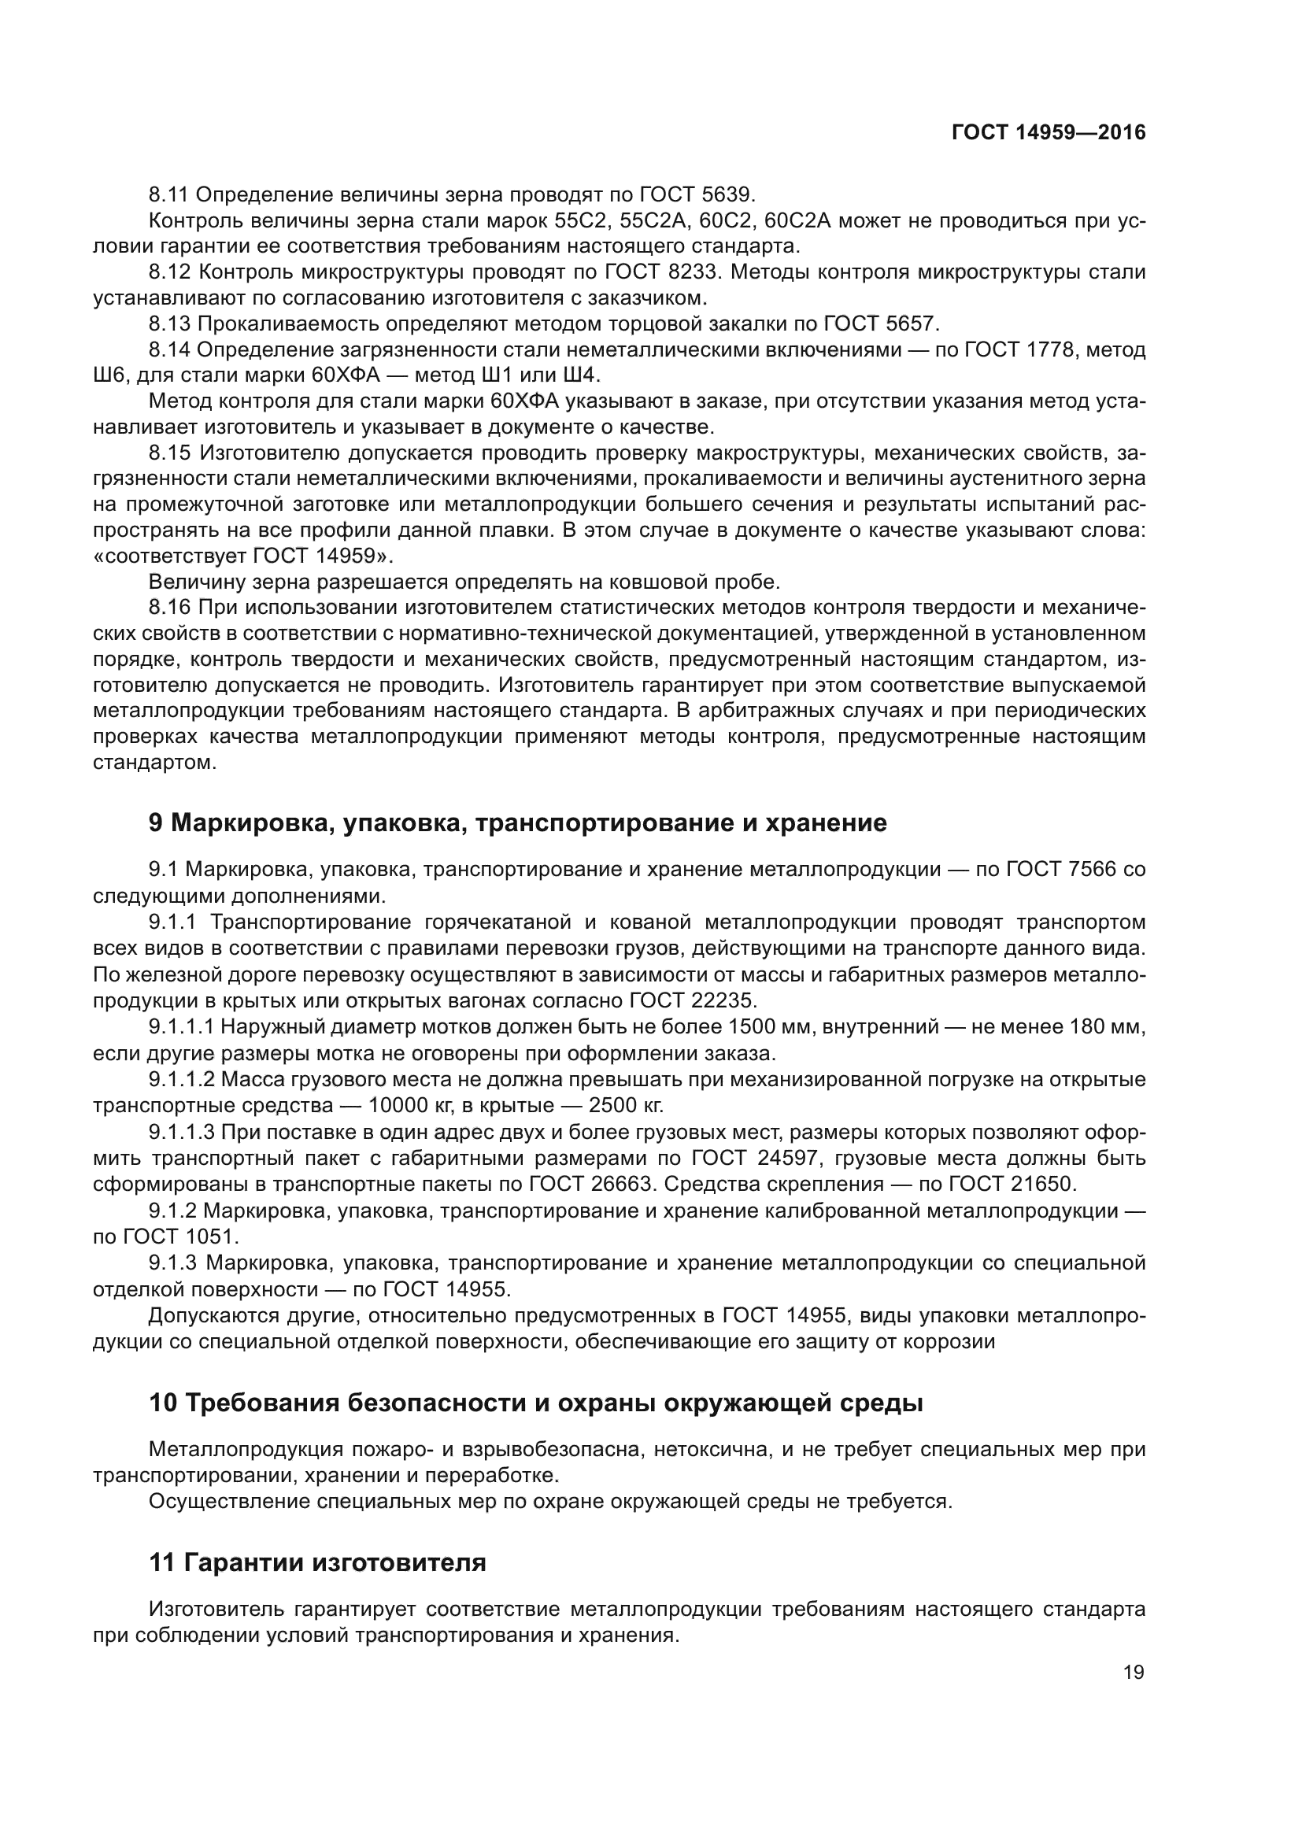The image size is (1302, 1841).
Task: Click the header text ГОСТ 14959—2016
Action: click(1048, 132)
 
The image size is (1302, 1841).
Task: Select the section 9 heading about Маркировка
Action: click(518, 823)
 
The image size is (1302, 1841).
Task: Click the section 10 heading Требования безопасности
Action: click(536, 1403)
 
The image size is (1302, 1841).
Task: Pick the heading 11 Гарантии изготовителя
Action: click(317, 1563)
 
